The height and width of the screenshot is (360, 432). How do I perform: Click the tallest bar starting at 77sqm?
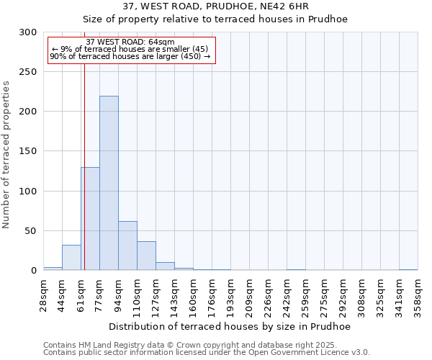pos(109,183)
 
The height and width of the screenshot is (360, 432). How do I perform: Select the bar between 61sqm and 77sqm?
pos(90,219)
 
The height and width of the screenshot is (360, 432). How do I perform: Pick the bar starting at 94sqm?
pos(127,246)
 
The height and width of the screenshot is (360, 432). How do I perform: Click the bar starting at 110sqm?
pos(146,256)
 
